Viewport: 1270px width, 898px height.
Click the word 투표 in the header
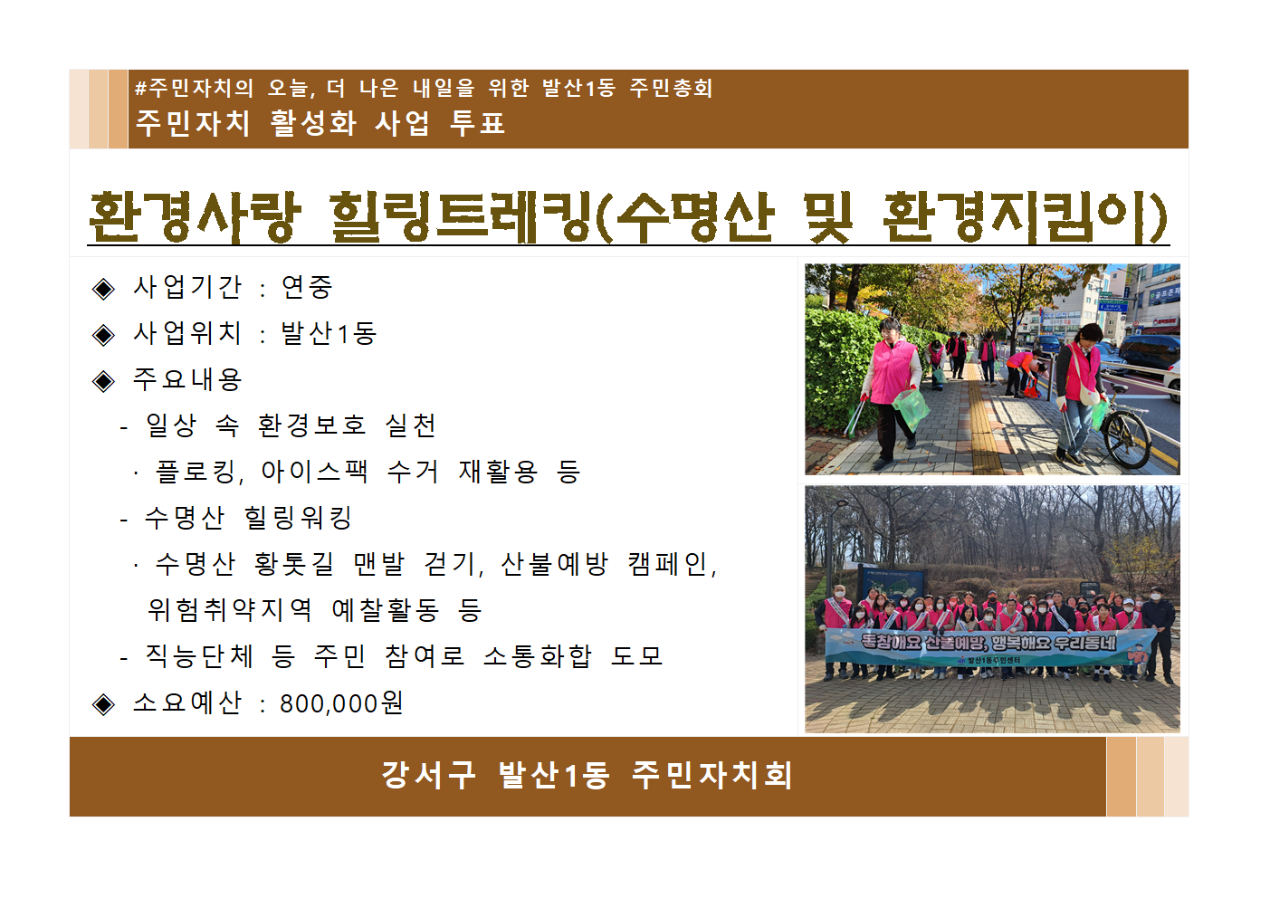tap(477, 123)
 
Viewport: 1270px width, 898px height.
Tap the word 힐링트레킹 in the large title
tap(462, 217)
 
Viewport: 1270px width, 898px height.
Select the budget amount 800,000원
tap(341, 703)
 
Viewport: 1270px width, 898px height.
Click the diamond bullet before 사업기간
tap(104, 289)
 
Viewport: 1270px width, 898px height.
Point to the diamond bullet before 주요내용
tap(104, 381)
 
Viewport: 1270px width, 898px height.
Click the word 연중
tap(307, 288)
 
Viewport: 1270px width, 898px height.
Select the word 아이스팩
tap(314, 472)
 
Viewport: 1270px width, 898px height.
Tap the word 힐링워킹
tap(298, 518)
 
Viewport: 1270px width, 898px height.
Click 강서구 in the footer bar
tap(428, 775)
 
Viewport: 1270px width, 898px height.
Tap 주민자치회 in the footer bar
tap(712, 775)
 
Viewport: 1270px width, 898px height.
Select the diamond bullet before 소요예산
tap(104, 704)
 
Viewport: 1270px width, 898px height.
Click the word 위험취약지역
tap(230, 610)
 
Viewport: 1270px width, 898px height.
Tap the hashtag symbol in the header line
tap(140, 89)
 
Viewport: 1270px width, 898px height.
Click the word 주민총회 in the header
tap(671, 89)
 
